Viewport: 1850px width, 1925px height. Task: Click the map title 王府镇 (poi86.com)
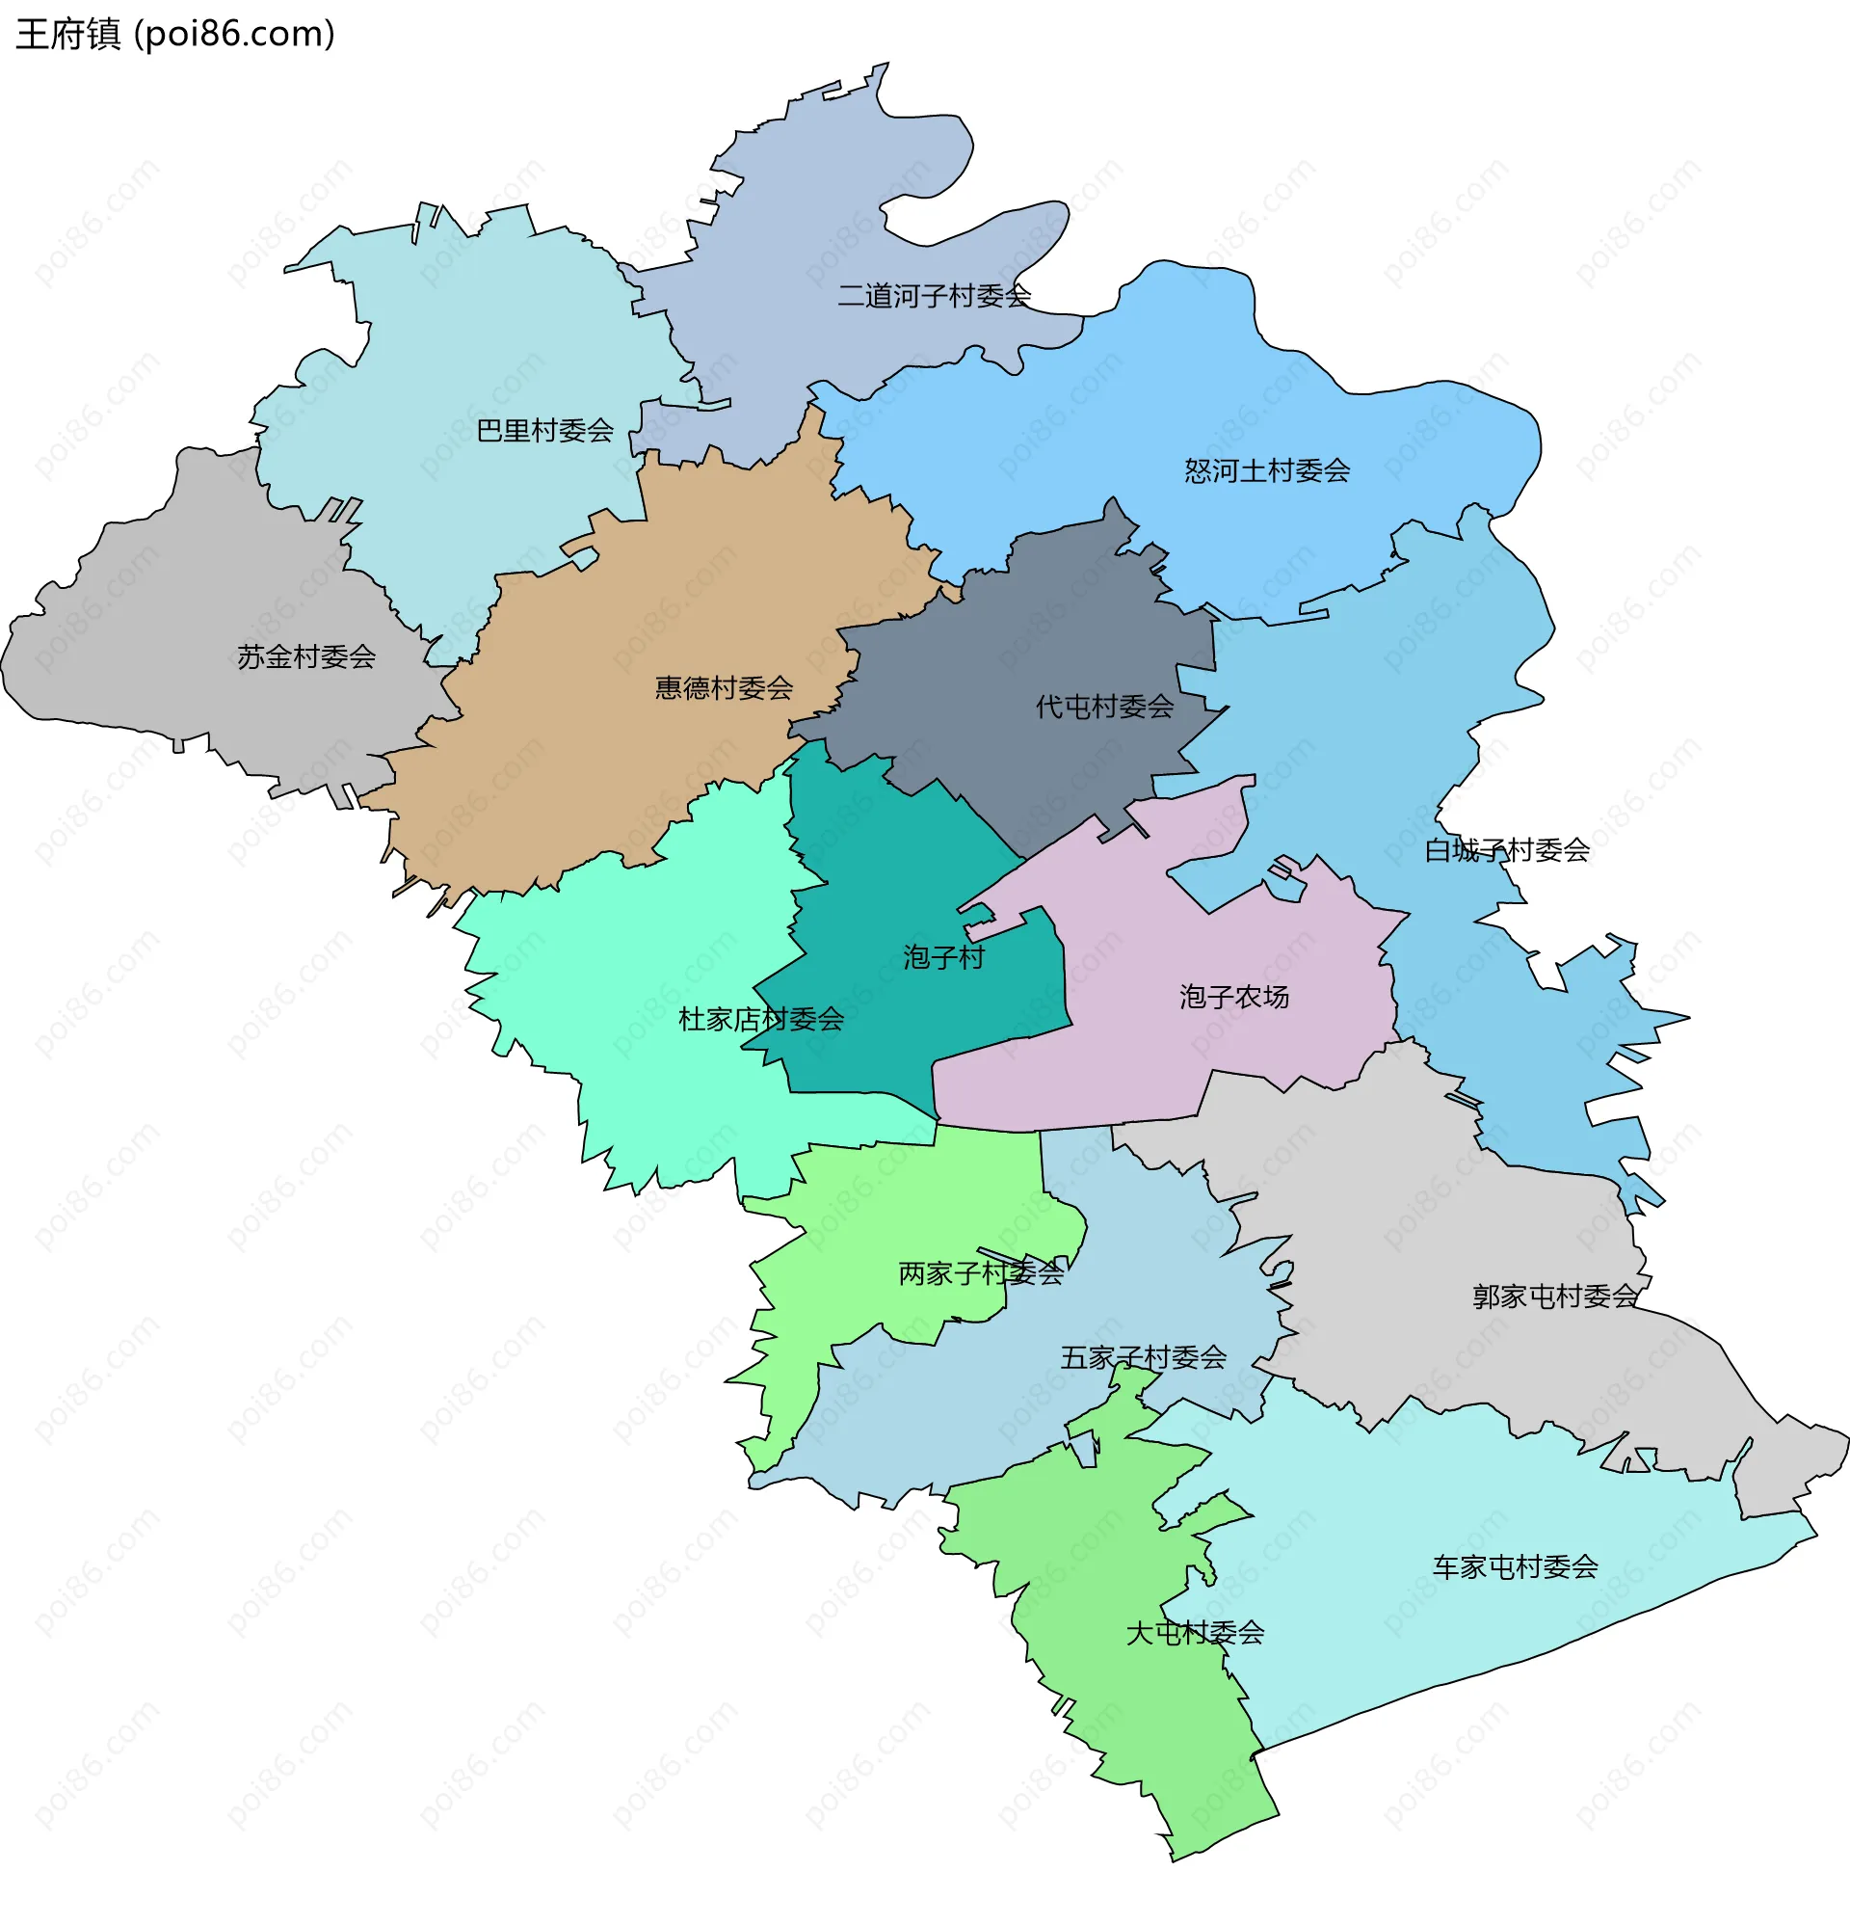(x=174, y=34)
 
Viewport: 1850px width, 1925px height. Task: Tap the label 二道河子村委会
(x=933, y=296)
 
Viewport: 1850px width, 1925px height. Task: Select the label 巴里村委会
(x=545, y=430)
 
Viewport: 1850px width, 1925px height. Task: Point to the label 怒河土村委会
(x=1267, y=470)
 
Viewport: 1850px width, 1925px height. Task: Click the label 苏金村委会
(x=306, y=656)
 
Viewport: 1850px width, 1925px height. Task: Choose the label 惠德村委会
(x=724, y=687)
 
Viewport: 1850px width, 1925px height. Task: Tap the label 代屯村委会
(x=1104, y=707)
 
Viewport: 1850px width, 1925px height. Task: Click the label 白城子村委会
(x=1507, y=849)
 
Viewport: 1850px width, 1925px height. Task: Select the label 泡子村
(x=943, y=956)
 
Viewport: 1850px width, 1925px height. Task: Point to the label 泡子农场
(x=1233, y=997)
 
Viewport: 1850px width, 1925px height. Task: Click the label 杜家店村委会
(x=761, y=1020)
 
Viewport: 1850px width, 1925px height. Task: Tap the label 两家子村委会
(x=981, y=1272)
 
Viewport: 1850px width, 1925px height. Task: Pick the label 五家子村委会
(x=1143, y=1357)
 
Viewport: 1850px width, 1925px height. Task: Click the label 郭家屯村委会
(x=1555, y=1297)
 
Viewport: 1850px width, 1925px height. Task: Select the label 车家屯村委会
(x=1514, y=1566)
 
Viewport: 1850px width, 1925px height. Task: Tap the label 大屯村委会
(x=1194, y=1632)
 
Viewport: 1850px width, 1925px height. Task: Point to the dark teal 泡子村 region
(x=884, y=865)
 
